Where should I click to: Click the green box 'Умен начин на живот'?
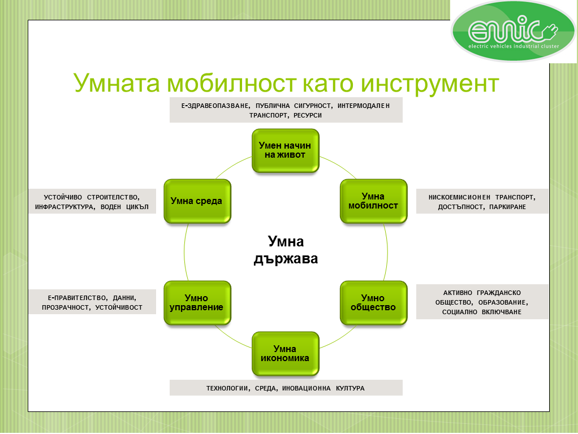click(x=285, y=151)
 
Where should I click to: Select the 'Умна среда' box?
click(x=197, y=201)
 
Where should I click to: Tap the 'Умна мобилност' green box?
click(x=373, y=201)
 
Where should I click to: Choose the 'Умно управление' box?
click(x=197, y=303)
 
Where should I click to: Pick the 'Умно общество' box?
click(x=373, y=303)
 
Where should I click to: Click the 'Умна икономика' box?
click(x=285, y=354)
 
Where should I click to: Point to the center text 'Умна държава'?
click(x=286, y=250)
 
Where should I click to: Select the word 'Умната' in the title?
click(x=117, y=83)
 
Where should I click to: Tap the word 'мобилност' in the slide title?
click(x=231, y=83)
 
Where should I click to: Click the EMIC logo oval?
click(x=513, y=31)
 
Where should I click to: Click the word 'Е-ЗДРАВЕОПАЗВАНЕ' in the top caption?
click(x=215, y=106)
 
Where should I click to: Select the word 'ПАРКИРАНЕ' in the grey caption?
click(x=508, y=207)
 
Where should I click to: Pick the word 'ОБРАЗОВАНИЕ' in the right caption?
click(x=503, y=302)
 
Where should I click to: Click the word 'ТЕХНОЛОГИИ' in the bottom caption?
click(x=228, y=388)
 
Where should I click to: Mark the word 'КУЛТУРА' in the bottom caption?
click(x=350, y=388)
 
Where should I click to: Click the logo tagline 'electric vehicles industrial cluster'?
click(x=514, y=46)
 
